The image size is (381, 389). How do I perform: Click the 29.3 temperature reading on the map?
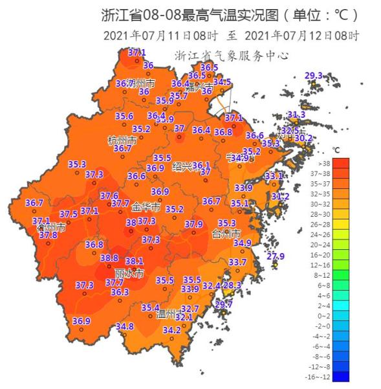click(x=313, y=76)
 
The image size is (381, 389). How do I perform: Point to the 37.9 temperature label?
click(x=193, y=224)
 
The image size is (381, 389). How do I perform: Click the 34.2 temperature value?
click(x=171, y=330)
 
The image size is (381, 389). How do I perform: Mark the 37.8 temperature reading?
click(x=48, y=235)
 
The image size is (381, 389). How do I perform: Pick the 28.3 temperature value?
click(x=232, y=285)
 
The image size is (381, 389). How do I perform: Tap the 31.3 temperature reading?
click(x=296, y=115)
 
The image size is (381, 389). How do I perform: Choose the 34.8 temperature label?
click(x=125, y=326)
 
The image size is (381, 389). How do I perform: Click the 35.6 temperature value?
click(x=124, y=117)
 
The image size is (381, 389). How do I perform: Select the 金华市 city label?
click(x=145, y=208)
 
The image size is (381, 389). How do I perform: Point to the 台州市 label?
click(x=226, y=233)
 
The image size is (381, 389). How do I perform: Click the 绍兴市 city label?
click(x=186, y=166)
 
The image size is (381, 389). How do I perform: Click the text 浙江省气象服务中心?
click(x=231, y=56)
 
